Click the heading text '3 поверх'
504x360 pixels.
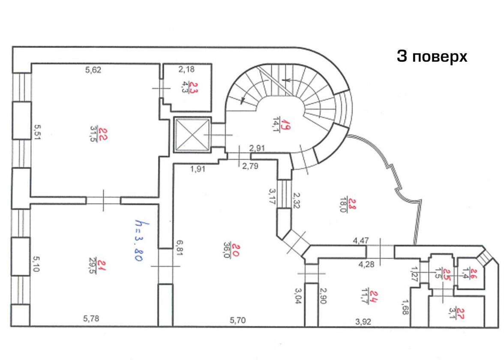[432, 57]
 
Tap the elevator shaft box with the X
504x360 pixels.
[192, 135]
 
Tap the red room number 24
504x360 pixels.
[374, 296]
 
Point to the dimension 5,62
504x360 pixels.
[93, 70]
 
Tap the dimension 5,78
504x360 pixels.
[91, 318]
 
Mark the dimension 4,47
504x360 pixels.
[361, 240]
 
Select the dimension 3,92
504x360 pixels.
[363, 321]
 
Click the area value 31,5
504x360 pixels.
[93, 134]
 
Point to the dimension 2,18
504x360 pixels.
[186, 69]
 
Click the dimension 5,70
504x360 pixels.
[238, 320]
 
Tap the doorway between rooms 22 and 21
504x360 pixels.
[103, 200]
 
